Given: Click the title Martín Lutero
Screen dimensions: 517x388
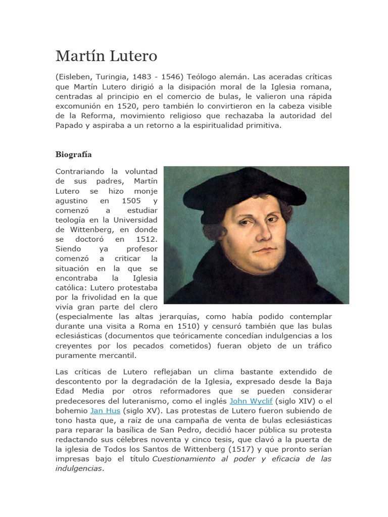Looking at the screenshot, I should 106,56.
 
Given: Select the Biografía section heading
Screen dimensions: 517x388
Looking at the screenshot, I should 73,154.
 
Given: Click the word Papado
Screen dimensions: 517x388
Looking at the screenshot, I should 69,125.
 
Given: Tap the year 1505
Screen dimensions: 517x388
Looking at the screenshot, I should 131,200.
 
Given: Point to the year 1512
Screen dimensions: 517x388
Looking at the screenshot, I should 147,239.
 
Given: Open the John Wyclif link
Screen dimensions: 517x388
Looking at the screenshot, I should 251,401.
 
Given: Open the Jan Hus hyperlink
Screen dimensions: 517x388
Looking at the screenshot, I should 105,410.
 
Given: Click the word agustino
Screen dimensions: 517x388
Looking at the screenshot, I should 72,200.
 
